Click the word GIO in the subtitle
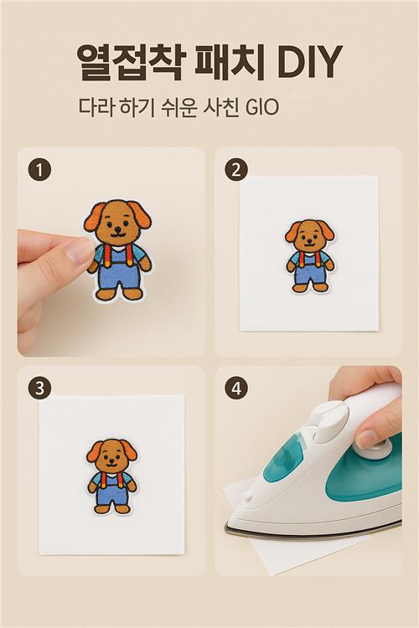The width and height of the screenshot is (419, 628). coord(261,107)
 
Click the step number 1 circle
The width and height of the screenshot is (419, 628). coord(39,170)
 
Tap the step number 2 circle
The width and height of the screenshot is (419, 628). coord(236,170)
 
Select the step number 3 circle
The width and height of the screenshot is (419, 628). coord(39,388)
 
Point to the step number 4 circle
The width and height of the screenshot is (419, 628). coord(236,388)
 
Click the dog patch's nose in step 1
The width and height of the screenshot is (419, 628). coord(117,229)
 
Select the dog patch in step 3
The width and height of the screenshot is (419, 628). coord(111,476)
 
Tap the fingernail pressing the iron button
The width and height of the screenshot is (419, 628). coord(365,439)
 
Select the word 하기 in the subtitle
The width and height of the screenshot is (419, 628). coord(137,107)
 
